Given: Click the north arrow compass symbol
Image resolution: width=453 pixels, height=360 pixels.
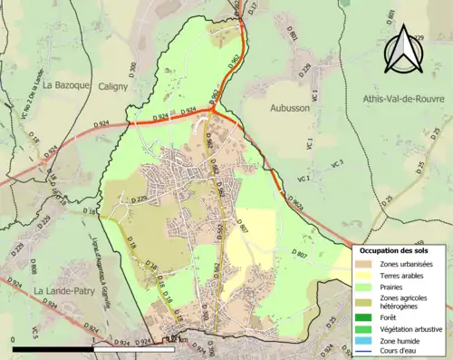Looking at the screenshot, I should point(404,49).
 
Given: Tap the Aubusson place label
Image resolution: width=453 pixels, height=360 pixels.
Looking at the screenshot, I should point(289,107).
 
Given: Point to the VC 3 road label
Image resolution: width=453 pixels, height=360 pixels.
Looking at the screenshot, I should point(337,163).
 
